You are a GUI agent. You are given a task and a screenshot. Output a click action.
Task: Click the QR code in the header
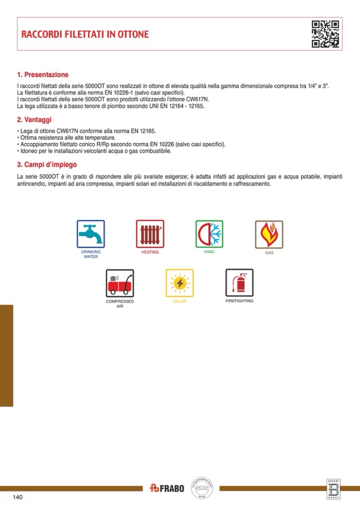coord(325,34)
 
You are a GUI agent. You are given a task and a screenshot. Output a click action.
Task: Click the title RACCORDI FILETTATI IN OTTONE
coord(85,34)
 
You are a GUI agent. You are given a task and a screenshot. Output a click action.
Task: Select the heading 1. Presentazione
coord(43,75)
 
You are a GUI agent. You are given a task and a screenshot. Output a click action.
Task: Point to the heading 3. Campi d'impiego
coord(47,165)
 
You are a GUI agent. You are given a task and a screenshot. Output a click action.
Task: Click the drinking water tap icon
coord(91,234)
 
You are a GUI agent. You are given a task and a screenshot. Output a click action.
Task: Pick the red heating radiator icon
coord(150,234)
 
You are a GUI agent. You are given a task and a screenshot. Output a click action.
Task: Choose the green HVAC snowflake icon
coord(210,234)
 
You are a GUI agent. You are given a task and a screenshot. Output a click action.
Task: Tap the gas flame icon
coord(269,234)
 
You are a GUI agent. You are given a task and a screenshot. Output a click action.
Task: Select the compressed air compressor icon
coord(120,283)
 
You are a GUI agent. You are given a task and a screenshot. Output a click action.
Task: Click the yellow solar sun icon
coord(179,283)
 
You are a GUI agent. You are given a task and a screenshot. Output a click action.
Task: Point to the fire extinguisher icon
coord(239,282)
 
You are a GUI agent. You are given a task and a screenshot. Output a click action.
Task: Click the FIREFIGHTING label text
coord(239,301)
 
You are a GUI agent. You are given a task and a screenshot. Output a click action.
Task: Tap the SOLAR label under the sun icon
coord(179,301)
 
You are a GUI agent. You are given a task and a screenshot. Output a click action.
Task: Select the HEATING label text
coord(150,252)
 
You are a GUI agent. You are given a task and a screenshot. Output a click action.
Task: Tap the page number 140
coord(18,497)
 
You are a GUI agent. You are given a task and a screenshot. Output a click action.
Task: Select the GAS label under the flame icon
coord(269,253)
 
